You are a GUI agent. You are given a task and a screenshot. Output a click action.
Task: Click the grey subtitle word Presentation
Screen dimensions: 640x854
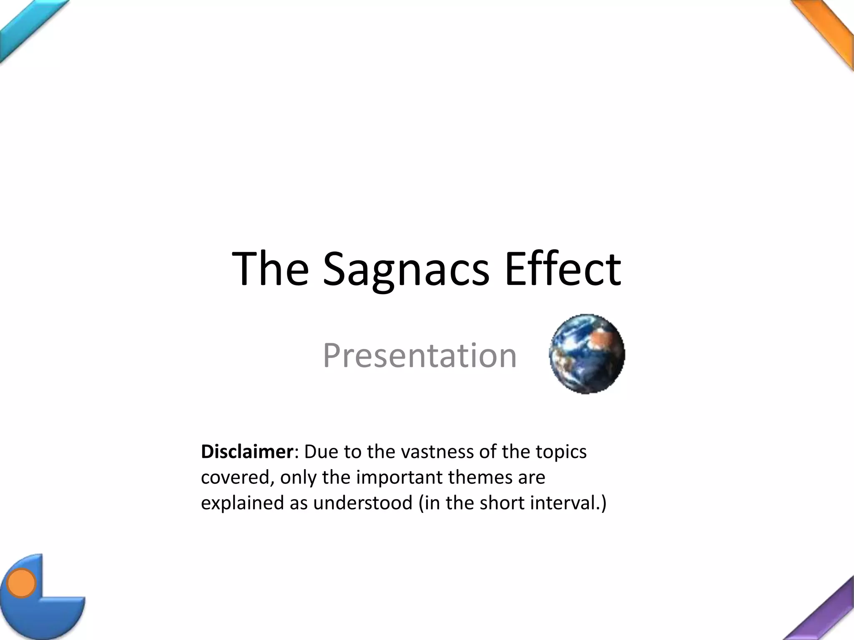tap(419, 355)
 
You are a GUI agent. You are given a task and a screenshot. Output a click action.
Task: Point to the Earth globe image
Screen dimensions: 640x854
tap(587, 354)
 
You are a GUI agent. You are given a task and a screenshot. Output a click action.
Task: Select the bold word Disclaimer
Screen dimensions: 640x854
tap(247, 452)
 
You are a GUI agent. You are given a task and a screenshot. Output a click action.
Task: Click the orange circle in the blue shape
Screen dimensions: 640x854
tap(21, 582)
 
